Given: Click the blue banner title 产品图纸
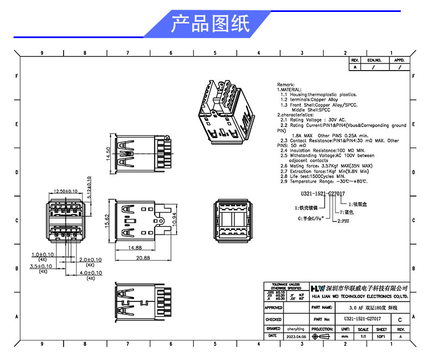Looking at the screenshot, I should click(210, 24).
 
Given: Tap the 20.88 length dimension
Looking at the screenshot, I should click(143, 258).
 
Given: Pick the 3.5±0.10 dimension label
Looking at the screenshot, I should click(42, 267).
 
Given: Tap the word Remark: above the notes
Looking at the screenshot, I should click(286, 85).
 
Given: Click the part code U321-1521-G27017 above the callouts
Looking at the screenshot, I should click(323, 193).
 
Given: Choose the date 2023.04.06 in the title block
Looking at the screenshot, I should click(296, 337).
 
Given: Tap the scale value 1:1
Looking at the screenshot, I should click(363, 337).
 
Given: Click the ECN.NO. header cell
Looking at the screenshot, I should click(375, 60).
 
